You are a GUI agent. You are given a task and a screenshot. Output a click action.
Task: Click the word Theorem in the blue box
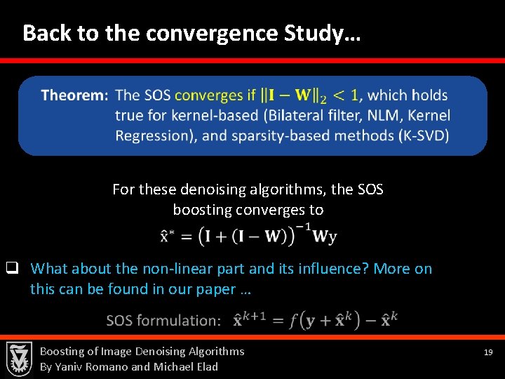click(74, 95)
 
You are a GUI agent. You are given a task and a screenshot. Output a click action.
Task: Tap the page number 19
click(489, 352)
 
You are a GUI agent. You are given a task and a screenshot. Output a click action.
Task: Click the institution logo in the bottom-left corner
click(19, 359)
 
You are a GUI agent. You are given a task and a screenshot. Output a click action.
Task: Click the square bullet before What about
click(12, 268)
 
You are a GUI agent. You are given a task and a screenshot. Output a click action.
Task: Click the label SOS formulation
click(163, 321)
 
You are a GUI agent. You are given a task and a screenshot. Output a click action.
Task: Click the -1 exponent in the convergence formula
click(304, 226)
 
